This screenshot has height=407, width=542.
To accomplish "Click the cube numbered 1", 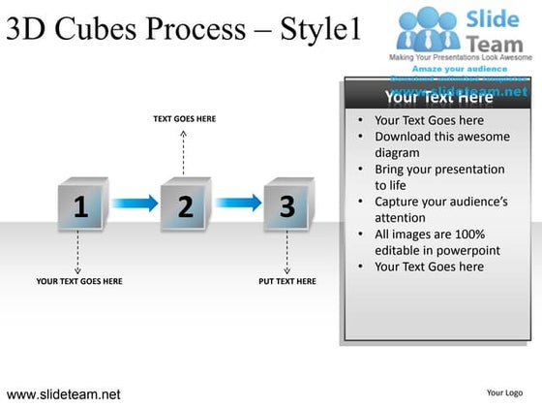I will pyautogui.click(x=80, y=205).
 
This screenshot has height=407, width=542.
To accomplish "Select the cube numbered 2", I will pyautogui.click(x=185, y=205).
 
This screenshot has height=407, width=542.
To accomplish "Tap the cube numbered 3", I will pyautogui.click(x=287, y=205).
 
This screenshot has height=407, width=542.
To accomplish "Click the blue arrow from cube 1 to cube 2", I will pyautogui.click(x=133, y=203).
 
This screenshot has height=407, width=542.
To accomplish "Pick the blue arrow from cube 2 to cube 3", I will pyautogui.click(x=237, y=203).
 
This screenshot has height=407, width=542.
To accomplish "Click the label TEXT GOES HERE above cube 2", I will pyautogui.click(x=184, y=118).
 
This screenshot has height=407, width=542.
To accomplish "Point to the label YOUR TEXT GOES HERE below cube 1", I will pyautogui.click(x=78, y=281).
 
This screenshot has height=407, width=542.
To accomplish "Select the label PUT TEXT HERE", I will pyautogui.click(x=287, y=281).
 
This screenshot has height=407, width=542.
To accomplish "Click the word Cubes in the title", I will pyautogui.click(x=102, y=29).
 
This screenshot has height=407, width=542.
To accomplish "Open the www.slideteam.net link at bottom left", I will pyautogui.click(x=64, y=394).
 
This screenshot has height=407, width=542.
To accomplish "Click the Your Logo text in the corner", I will pyautogui.click(x=505, y=393).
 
